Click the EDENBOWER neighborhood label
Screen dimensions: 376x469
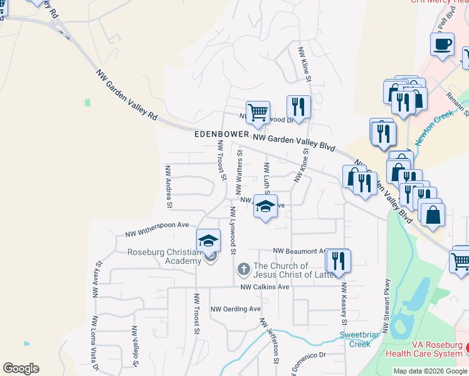pyautogui.click(x=221, y=135)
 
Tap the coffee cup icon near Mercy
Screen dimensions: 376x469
pyautogui.click(x=442, y=44)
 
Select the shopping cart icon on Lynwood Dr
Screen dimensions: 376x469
pyautogui.click(x=258, y=113)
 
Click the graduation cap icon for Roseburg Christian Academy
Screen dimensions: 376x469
pyautogui.click(x=209, y=240)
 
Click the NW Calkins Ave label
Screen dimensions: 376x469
pyautogui.click(x=265, y=287)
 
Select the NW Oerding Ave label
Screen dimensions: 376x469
pyautogui.click(x=235, y=309)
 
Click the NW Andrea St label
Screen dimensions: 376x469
pyautogui.click(x=168, y=186)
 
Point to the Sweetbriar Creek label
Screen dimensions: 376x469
pyautogui.click(x=360, y=339)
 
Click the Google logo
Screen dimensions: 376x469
pyautogui.click(x=21, y=368)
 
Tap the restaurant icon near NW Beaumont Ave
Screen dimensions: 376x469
pyautogui.click(x=339, y=260)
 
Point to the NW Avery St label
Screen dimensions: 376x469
pyautogui.click(x=97, y=279)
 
